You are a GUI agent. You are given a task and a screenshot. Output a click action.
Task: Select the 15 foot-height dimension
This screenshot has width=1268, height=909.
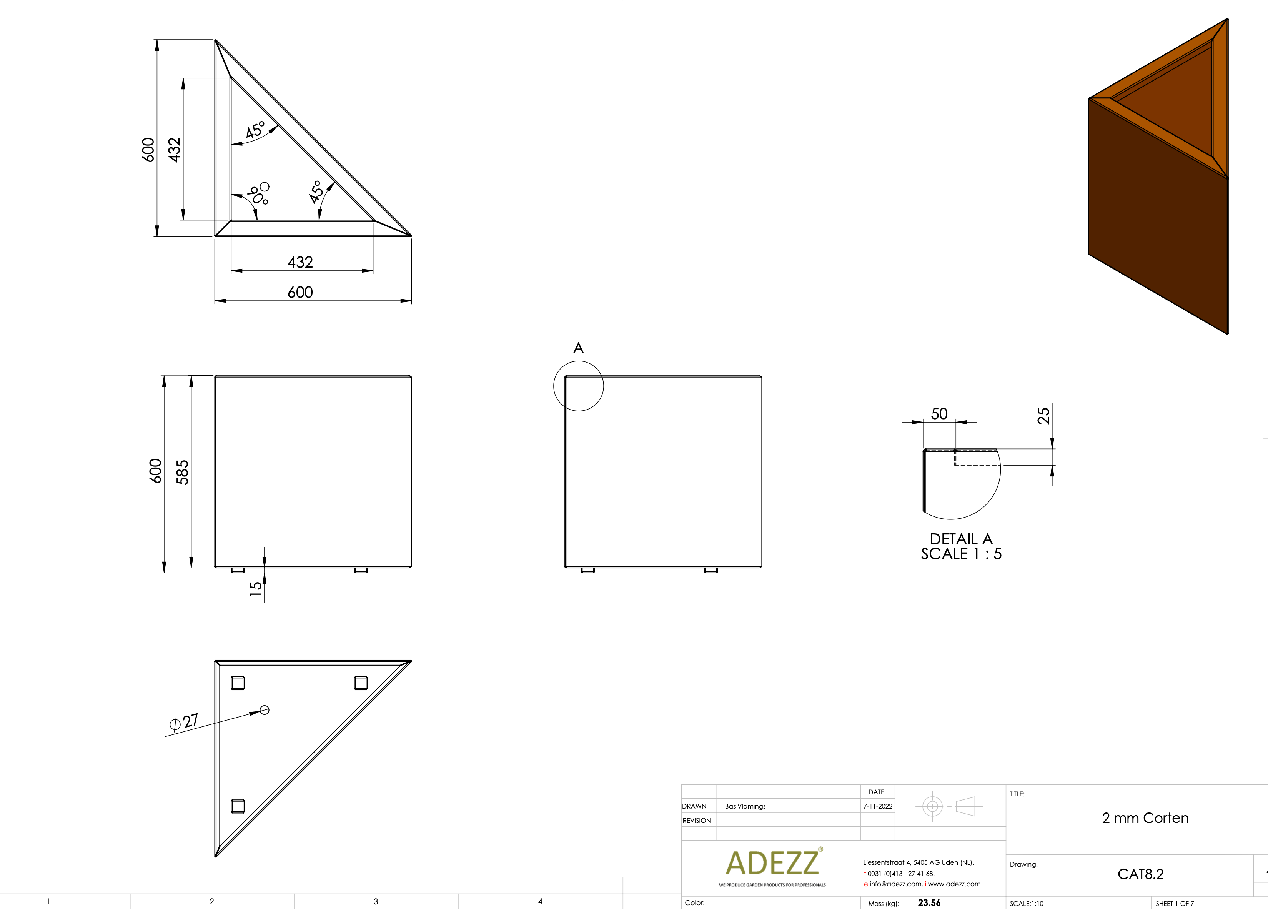click(256, 589)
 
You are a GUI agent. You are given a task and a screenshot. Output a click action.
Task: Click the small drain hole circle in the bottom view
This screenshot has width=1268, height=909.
click(265, 710)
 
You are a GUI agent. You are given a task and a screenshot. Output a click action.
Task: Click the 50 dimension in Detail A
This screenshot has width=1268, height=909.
click(939, 414)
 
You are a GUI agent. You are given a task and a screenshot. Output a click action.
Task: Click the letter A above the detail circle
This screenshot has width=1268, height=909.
click(579, 348)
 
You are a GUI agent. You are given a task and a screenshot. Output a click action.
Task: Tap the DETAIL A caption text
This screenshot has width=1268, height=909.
click(961, 539)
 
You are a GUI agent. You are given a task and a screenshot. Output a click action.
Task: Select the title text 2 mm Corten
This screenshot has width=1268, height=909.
click(1145, 818)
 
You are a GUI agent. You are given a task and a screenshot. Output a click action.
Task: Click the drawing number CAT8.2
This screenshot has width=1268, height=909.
click(1140, 874)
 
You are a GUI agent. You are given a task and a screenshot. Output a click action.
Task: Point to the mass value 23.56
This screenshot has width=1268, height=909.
click(929, 903)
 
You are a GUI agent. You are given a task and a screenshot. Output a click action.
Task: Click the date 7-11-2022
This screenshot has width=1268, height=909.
click(878, 806)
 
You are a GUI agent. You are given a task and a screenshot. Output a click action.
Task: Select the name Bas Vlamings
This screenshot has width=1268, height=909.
click(745, 806)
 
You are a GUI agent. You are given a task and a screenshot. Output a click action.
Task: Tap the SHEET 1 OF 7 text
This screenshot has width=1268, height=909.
click(1175, 903)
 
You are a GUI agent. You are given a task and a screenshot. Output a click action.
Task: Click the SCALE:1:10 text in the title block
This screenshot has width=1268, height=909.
click(1027, 903)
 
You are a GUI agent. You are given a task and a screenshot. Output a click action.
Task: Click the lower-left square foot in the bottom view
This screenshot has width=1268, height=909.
click(238, 806)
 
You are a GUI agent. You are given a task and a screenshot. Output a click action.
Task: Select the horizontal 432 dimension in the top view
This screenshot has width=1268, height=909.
click(300, 262)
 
